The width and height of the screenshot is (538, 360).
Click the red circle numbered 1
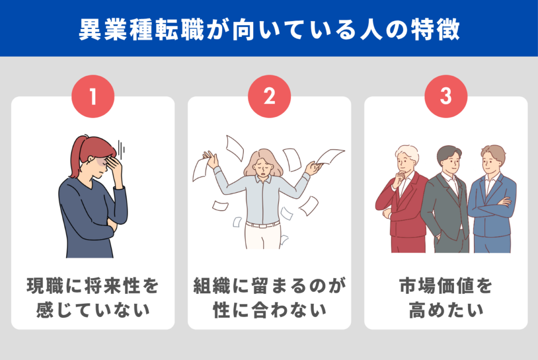[x=92, y=96]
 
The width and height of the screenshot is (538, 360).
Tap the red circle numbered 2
[x=270, y=96]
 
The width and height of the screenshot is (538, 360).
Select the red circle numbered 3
[x=446, y=96]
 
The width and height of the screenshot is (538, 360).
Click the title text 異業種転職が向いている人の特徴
[x=270, y=29]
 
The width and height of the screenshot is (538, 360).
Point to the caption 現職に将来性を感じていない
[x=92, y=298]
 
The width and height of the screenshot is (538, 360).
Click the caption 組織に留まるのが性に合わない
[x=270, y=298]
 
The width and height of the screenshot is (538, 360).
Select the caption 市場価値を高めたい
[x=446, y=298]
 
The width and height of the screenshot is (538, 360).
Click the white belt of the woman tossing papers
[x=263, y=225]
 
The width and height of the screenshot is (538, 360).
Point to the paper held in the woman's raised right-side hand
[x=329, y=156]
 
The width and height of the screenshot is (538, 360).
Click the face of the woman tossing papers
[x=263, y=167]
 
